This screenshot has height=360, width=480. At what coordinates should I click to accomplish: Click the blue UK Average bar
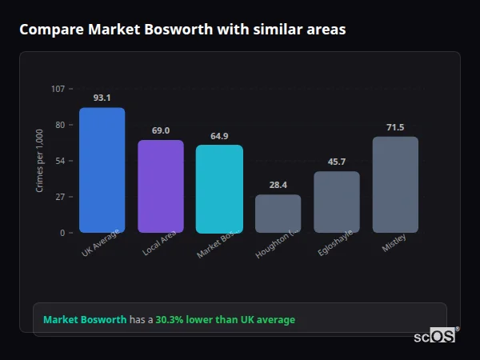coord(102,170)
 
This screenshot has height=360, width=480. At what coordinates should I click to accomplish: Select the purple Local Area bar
coord(161,186)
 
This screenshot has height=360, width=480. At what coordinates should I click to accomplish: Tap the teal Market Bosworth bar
coord(219,189)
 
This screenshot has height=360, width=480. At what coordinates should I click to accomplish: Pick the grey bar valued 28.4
coord(278,214)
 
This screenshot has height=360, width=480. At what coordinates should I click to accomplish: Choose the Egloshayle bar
coord(337,202)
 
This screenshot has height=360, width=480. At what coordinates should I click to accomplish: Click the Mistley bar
coord(395,185)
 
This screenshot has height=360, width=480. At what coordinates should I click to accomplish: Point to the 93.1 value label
coord(102,98)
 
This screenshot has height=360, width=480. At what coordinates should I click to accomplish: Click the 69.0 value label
coord(161,130)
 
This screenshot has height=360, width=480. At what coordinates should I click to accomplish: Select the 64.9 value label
coord(219,136)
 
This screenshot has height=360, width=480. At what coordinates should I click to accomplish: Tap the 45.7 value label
coord(337,162)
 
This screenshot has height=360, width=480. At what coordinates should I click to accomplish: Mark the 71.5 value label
coord(395,127)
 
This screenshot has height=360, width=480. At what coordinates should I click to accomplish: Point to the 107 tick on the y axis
coord(58,89)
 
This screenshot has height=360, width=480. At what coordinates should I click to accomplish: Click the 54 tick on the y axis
coord(60,161)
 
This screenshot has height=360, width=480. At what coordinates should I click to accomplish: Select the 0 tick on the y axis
coord(62,233)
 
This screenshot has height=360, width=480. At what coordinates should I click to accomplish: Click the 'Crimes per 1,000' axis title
coord(40,161)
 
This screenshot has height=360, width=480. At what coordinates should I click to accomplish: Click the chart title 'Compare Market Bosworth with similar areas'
coord(182,30)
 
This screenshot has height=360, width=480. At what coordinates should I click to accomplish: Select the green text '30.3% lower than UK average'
coord(225,320)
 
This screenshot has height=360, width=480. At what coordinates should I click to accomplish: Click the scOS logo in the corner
coord(435,336)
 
